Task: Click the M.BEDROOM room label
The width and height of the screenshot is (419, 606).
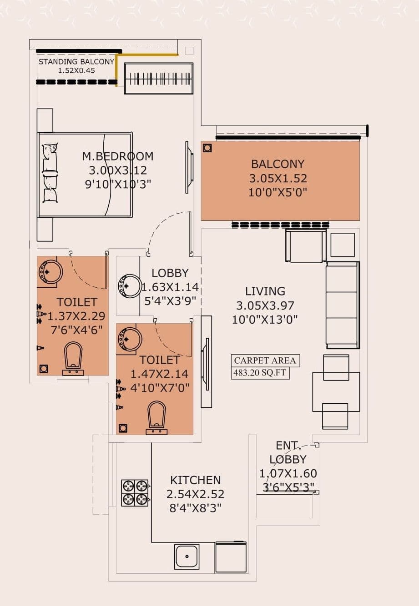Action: (117, 156)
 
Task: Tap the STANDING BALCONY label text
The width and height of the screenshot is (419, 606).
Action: (76, 62)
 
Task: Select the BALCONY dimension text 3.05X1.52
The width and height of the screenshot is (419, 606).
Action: (278, 178)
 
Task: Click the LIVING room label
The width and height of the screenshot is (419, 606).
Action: (265, 291)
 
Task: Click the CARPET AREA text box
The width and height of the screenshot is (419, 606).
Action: (265, 361)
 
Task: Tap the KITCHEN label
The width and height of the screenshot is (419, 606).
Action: (195, 480)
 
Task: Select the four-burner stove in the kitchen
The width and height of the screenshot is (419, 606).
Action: (135, 493)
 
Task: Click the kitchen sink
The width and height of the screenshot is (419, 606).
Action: (187, 556)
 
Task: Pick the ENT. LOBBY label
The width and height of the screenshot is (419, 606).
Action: (288, 452)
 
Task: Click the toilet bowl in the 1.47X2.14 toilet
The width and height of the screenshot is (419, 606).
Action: (156, 415)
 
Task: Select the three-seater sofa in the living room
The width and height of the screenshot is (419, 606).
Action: (342, 305)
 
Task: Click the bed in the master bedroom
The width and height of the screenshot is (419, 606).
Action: (85, 175)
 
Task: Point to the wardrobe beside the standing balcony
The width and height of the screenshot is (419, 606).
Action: (158, 79)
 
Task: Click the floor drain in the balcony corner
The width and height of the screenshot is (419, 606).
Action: (207, 148)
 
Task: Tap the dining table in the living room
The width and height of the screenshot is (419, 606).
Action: (336, 391)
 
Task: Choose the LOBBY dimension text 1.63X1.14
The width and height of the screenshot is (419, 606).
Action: (170, 287)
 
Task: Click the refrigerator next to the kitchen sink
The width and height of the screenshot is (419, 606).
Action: (231, 557)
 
